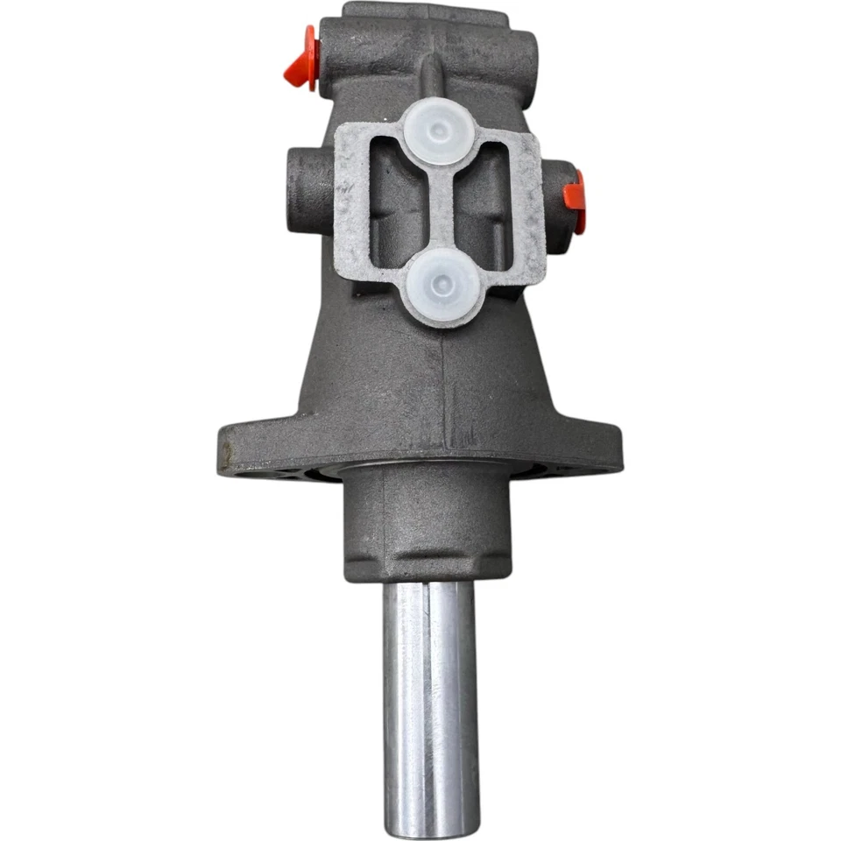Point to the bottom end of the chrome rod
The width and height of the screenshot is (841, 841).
(432, 823)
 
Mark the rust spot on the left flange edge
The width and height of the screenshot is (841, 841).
(229, 456)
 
